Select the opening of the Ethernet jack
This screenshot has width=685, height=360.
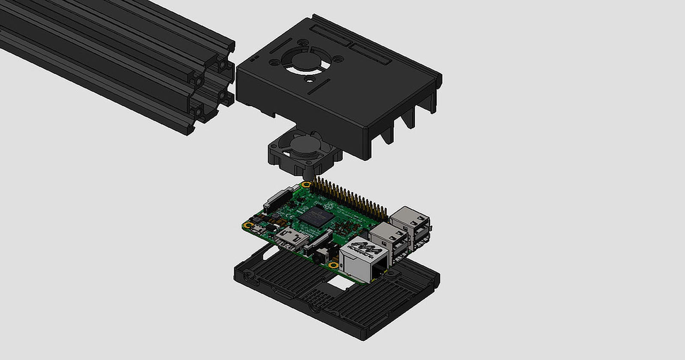coord(378,270)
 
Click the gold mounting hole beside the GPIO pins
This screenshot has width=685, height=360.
coord(306,185)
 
